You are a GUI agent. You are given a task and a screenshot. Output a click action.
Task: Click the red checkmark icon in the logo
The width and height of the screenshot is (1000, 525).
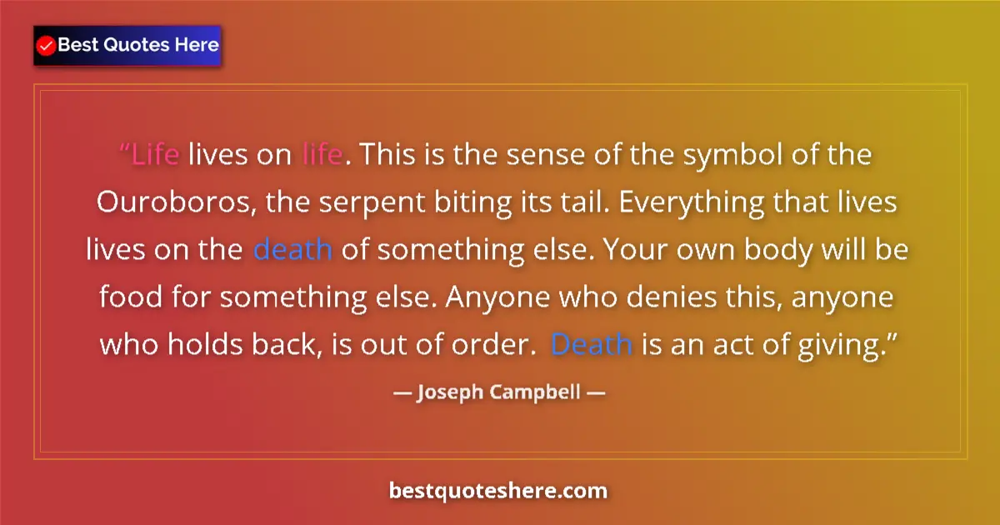pyautogui.click(x=47, y=45)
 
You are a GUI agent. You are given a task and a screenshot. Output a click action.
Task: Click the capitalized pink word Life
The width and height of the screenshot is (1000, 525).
pyautogui.click(x=155, y=156)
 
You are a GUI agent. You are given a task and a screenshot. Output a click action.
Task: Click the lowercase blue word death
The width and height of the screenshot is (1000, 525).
pyautogui.click(x=292, y=250)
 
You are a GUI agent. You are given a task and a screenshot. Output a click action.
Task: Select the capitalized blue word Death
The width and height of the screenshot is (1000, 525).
pyautogui.click(x=592, y=343)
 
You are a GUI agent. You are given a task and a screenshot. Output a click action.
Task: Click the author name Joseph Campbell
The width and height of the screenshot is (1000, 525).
pyautogui.click(x=498, y=391)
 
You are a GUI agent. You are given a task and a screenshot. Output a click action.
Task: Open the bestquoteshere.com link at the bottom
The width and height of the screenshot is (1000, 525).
pyautogui.click(x=498, y=490)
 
